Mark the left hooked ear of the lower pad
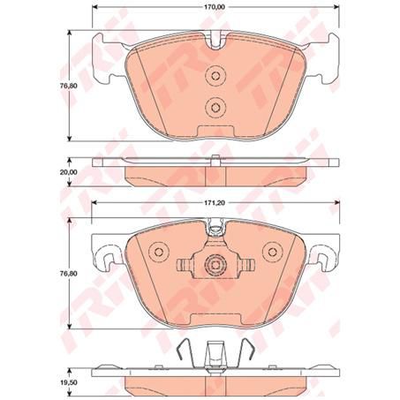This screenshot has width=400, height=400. click(108, 257)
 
